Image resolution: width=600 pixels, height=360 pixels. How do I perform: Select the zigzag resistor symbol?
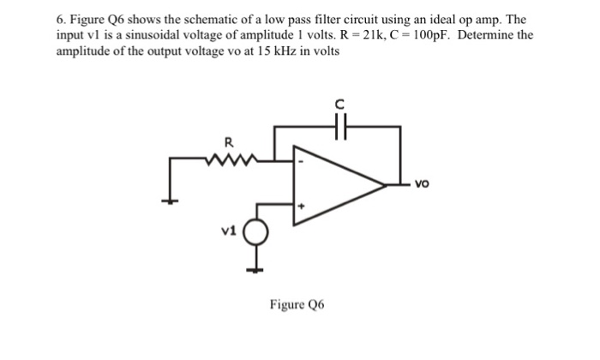coord(227,158)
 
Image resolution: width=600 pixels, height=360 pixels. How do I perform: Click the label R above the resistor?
coord(227,142)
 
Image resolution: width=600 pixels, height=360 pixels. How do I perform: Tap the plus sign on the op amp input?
coord(299,206)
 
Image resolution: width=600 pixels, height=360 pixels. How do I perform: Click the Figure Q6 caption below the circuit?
coord(296,305)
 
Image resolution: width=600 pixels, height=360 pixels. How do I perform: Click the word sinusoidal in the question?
coord(126,35)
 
